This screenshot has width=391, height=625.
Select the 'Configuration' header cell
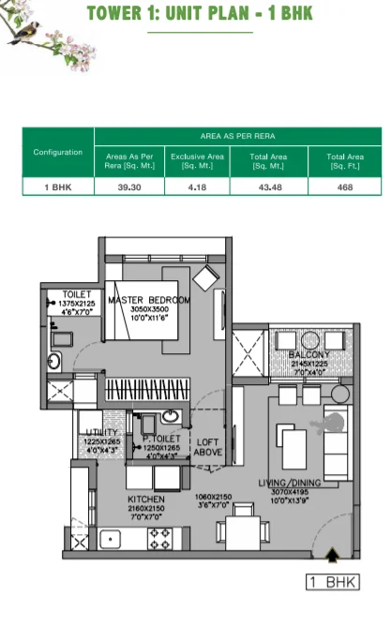point(58,152)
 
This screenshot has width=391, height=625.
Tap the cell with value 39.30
point(129,186)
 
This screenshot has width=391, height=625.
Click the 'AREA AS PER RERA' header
point(237,136)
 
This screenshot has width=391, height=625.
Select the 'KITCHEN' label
point(146,499)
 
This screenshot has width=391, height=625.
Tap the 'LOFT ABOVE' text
point(207,447)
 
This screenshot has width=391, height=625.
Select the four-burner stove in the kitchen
point(159,538)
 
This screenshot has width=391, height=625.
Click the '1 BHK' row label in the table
point(58,186)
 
